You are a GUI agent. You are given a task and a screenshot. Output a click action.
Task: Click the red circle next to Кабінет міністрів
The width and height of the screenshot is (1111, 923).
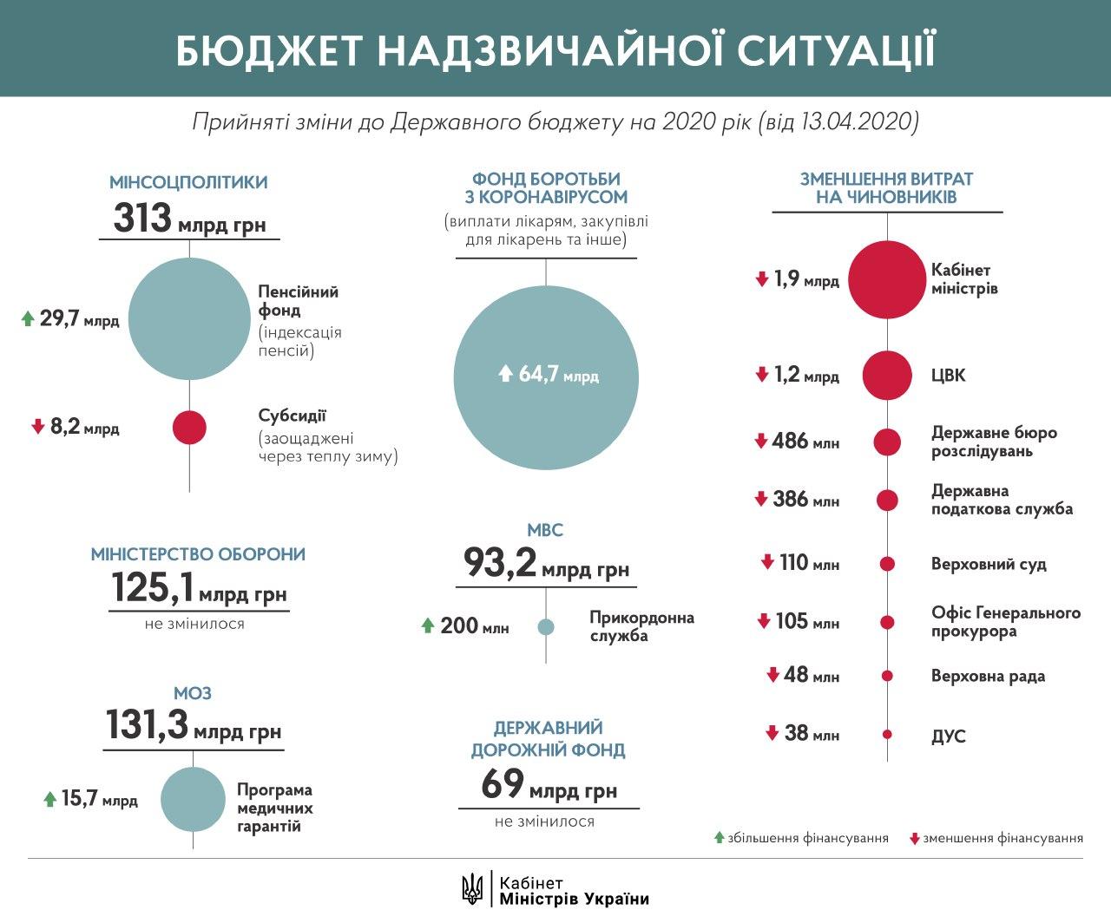click(886, 278)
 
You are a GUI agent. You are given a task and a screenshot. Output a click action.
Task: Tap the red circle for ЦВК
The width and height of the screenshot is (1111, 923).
click(886, 376)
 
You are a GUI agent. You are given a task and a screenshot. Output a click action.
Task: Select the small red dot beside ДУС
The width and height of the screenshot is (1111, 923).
click(887, 735)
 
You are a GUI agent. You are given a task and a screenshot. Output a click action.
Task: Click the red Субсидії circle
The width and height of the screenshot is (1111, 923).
click(189, 427)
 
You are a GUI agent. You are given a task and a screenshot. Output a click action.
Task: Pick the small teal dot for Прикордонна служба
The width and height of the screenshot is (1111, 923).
click(546, 626)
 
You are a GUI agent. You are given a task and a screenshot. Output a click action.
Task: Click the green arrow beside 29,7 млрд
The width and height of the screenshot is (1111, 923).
click(28, 319)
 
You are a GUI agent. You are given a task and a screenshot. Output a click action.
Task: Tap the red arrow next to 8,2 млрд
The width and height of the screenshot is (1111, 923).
click(37, 427)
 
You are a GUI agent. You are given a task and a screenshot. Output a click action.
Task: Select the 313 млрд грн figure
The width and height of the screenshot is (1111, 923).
click(189, 218)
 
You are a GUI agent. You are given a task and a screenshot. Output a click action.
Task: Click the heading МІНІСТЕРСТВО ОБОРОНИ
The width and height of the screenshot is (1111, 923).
click(198, 554)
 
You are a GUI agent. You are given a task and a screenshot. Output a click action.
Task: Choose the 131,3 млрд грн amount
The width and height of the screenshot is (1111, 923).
click(193, 726)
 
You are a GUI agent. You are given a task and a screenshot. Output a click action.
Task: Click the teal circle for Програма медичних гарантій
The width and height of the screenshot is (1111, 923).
click(193, 799)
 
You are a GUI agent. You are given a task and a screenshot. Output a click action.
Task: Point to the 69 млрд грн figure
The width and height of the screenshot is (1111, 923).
click(549, 786)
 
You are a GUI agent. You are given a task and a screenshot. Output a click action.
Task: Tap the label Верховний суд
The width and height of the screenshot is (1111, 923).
click(989, 564)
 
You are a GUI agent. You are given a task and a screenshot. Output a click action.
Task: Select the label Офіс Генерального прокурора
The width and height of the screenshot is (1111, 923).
click(1005, 622)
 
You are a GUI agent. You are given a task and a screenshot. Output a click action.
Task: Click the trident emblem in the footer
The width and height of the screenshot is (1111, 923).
click(473, 887)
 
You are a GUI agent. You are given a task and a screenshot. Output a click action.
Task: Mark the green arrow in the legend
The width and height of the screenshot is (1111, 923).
click(719, 838)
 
